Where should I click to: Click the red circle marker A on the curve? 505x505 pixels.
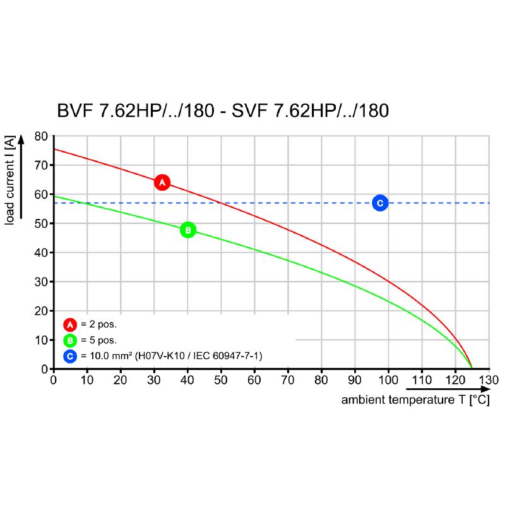click(x=162, y=182)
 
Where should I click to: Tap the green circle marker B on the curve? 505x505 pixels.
click(x=188, y=230)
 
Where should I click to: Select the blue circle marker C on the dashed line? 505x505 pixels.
click(x=379, y=203)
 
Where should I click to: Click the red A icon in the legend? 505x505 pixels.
click(x=70, y=324)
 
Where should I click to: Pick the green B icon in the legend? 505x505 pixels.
click(x=70, y=341)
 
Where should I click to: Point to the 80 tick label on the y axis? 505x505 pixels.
click(x=41, y=136)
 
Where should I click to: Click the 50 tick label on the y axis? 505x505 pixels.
click(x=41, y=223)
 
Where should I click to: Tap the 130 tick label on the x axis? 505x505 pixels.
click(x=488, y=380)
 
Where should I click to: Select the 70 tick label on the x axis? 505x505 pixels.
click(x=288, y=380)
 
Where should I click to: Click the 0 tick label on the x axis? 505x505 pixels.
click(x=54, y=380)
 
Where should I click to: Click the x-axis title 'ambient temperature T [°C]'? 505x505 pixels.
click(x=415, y=400)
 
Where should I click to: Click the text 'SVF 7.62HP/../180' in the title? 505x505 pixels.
click(x=311, y=111)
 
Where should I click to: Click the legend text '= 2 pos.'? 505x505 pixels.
click(x=99, y=324)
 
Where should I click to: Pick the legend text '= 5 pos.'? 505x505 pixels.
click(x=99, y=341)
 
